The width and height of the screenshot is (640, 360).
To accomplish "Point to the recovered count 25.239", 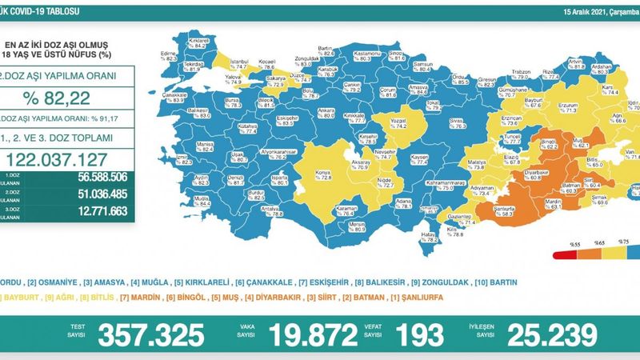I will coord(546,334).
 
